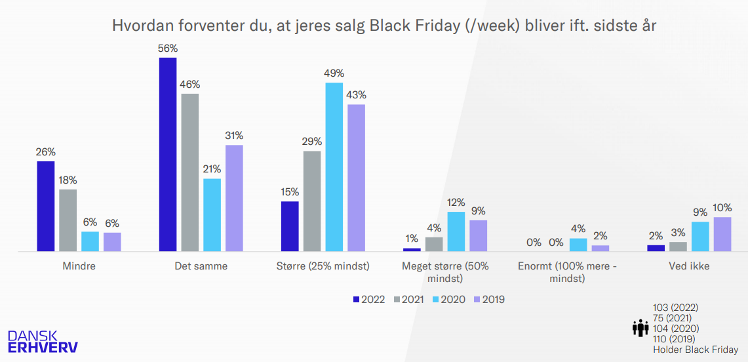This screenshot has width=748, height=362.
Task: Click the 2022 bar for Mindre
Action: click(x=45, y=206)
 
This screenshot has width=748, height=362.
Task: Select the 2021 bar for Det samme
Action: click(x=190, y=172)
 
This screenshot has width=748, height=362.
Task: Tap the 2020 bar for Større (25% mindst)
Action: click(x=334, y=167)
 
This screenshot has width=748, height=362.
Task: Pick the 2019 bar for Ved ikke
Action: click(x=722, y=234)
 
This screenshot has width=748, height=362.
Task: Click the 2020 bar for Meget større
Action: click(x=456, y=231)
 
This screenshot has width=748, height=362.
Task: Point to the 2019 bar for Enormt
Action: click(x=600, y=248)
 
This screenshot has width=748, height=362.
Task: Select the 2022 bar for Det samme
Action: click(x=168, y=154)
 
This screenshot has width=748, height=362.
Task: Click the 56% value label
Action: click(x=168, y=49)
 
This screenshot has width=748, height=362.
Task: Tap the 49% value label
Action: click(x=334, y=73)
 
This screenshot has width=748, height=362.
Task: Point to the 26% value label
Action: click(x=45, y=152)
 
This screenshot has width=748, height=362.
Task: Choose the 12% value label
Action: click(x=456, y=203)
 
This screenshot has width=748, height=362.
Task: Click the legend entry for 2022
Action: click(x=368, y=300)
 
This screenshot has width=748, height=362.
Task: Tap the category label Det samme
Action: click(x=201, y=266)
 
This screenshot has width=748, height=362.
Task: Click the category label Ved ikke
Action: click(x=689, y=266)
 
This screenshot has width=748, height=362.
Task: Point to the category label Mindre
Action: click(x=79, y=266)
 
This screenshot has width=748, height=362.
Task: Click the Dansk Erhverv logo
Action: click(x=42, y=340)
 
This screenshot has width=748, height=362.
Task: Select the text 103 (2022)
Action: click(x=676, y=308)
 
